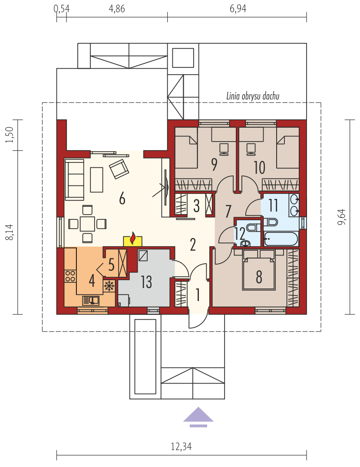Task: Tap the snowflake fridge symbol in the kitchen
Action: [109, 286]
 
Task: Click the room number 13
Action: [146, 282]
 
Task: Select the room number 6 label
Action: [122, 199]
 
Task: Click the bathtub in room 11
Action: [281, 238]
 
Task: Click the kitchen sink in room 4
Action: [91, 300]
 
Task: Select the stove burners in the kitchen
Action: [71, 276]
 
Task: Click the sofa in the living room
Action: [74, 179]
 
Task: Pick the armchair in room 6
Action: [119, 169]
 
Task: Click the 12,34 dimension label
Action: [182, 447]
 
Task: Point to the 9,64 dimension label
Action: [342, 217]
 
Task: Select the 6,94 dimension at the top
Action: [238, 9]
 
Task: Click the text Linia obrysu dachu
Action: [253, 96]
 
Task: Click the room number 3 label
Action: [196, 205]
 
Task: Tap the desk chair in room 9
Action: [224, 149]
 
